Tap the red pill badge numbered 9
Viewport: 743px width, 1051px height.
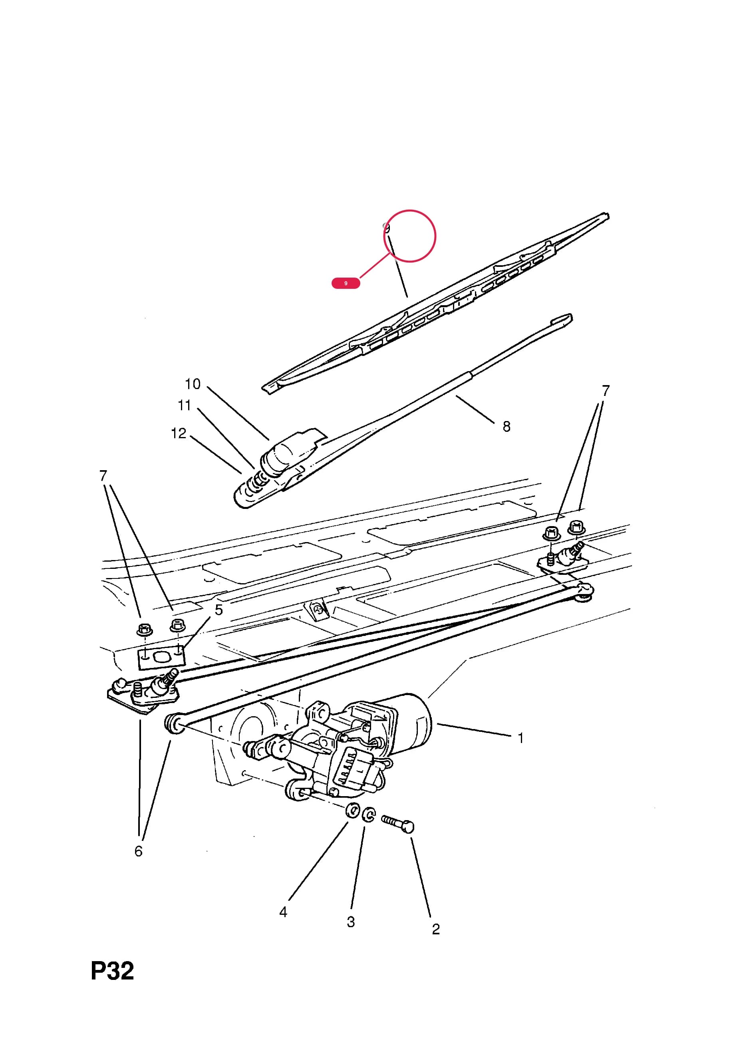346,283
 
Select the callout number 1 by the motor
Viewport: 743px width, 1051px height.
520,738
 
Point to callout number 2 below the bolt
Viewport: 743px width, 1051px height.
436,929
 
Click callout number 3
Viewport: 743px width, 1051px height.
351,922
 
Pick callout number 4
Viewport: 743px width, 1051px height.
283,912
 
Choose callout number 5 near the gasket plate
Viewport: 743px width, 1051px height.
219,610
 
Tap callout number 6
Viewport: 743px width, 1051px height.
138,851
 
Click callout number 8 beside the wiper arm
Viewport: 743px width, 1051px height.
507,427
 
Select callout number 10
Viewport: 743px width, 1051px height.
193,383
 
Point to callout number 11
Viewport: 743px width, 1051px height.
184,405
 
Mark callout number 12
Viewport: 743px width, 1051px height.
179,433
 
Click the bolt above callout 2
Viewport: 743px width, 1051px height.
398,825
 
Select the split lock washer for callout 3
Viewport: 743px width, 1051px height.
369,815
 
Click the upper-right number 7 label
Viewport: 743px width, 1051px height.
606,390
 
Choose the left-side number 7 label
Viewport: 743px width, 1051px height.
103,476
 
